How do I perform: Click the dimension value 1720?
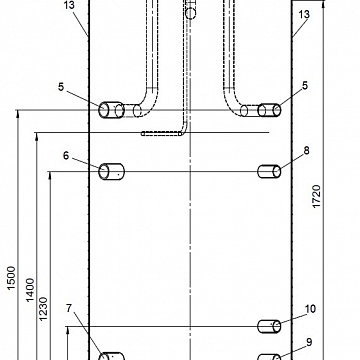(x=316, y=197)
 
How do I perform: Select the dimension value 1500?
(x=12, y=278)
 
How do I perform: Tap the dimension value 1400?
(x=30, y=290)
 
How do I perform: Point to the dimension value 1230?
(x=44, y=309)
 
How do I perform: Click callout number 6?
(x=66, y=155)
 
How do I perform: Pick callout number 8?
(x=306, y=151)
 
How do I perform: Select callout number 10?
(x=310, y=309)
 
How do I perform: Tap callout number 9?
(x=309, y=342)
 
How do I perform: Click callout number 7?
(x=69, y=308)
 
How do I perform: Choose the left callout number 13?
(x=69, y=6)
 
